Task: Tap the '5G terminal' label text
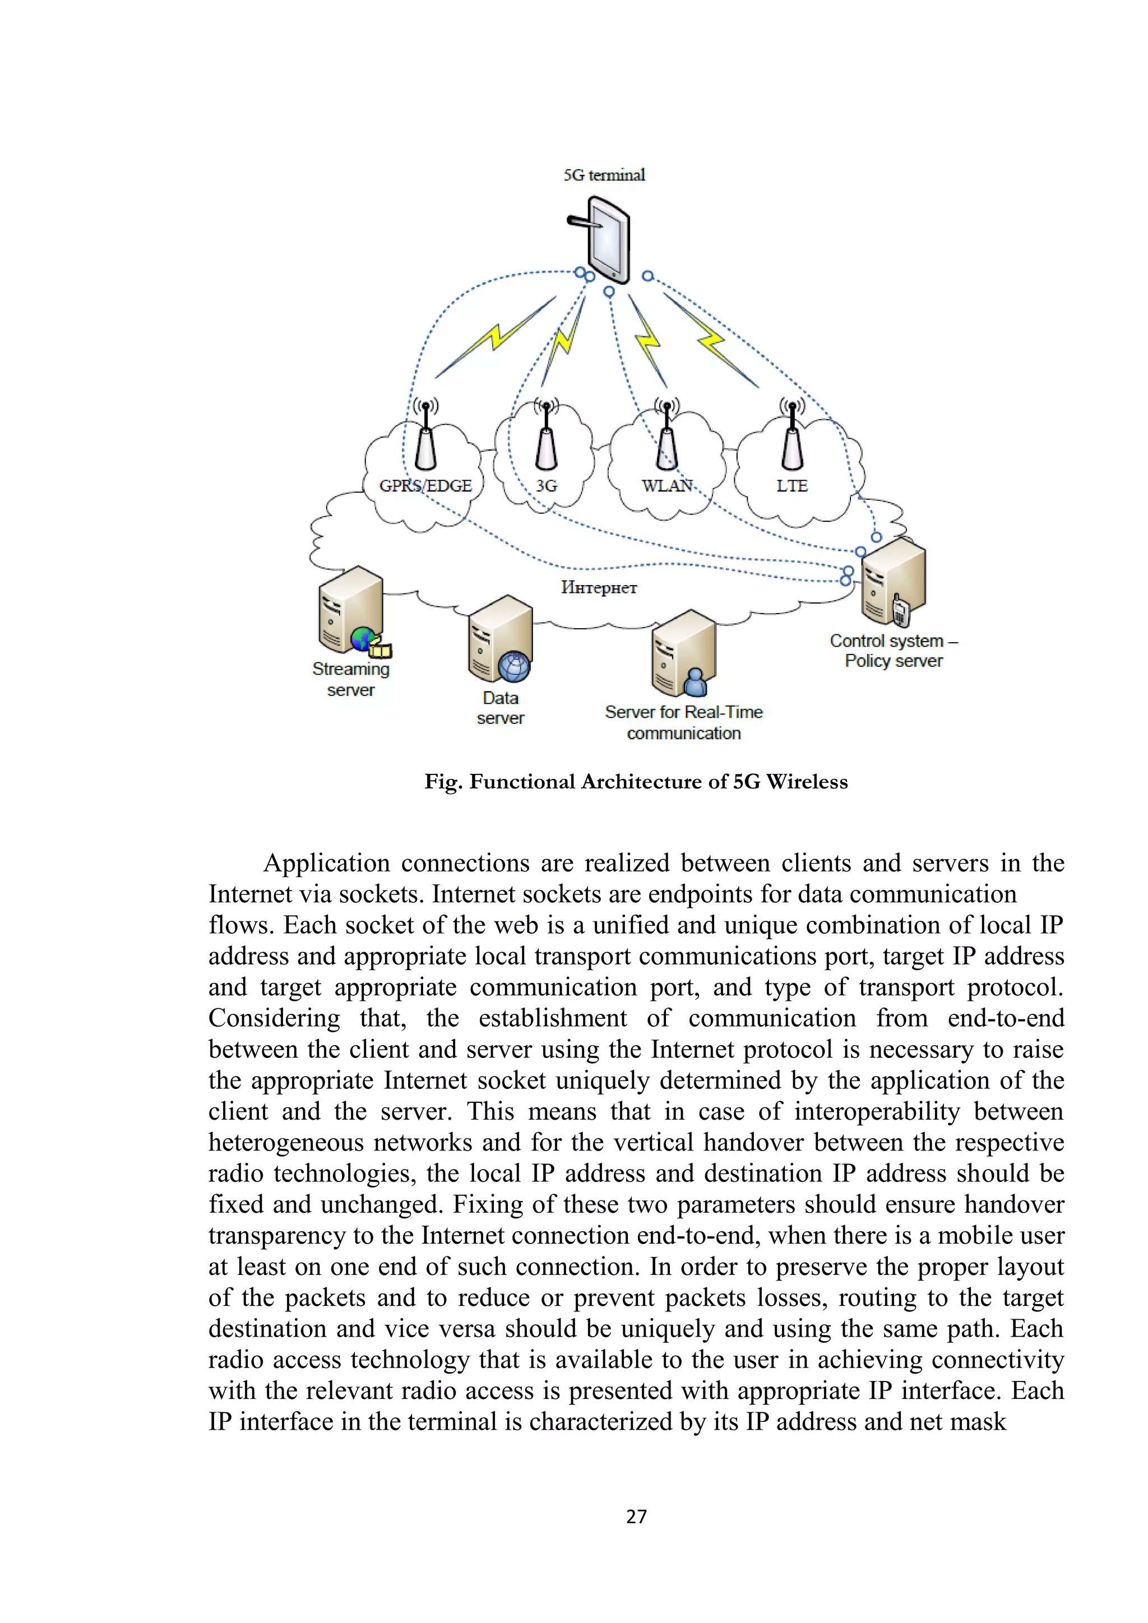point(604,175)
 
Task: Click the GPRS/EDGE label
point(425,486)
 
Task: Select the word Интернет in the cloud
point(599,587)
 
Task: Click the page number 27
point(636,1517)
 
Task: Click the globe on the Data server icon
point(514,666)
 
